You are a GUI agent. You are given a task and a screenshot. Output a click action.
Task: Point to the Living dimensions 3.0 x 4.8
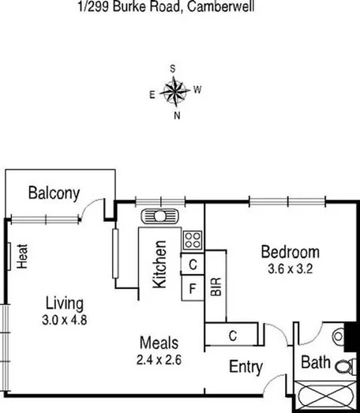tap(64, 320)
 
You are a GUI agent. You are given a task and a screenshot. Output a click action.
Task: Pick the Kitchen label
tap(160, 265)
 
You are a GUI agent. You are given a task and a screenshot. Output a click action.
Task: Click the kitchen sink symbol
tap(159, 216)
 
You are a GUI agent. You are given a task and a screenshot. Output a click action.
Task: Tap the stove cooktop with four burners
tap(193, 238)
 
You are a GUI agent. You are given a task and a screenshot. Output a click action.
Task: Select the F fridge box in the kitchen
tap(193, 287)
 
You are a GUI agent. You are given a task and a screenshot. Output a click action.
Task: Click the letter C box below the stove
tap(193, 265)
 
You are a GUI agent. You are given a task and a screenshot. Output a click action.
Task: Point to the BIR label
tap(216, 287)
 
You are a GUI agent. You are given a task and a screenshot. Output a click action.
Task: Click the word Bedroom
tap(291, 253)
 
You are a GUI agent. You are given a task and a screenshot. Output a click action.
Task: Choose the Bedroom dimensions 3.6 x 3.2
tap(291, 268)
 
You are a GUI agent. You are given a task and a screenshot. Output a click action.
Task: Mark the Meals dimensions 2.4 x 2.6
tap(159, 359)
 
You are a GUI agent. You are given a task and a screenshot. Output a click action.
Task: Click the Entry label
tap(246, 366)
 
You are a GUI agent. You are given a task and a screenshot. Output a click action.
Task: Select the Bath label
tap(316, 365)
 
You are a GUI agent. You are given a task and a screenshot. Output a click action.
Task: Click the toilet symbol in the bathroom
tap(344, 365)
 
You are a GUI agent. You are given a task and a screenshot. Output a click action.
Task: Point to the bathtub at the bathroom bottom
tap(325, 395)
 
